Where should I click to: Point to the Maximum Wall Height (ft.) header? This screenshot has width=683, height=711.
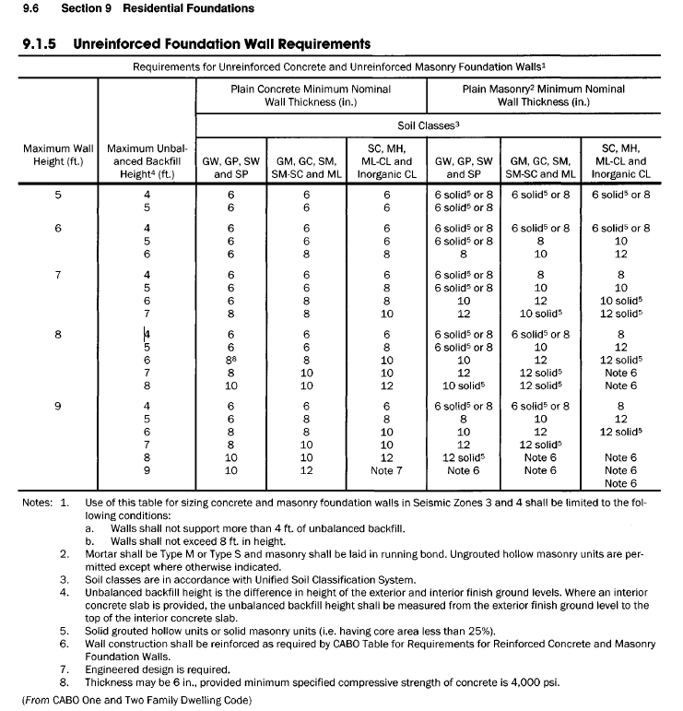pyautogui.click(x=58, y=156)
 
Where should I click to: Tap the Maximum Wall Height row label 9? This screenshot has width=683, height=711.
pyautogui.click(x=58, y=406)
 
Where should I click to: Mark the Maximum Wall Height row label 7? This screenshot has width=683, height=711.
pyautogui.click(x=58, y=274)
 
